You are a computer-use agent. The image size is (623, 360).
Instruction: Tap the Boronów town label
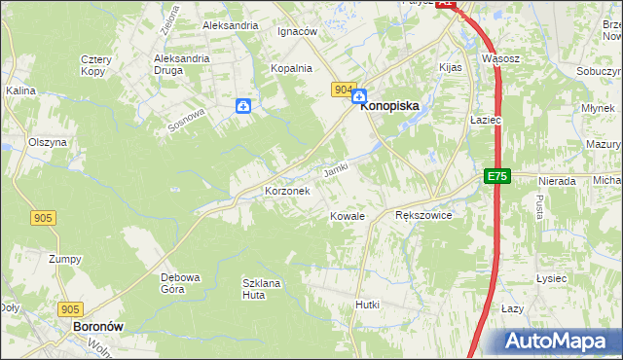[97, 328]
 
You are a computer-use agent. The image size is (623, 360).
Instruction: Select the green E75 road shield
[497, 176]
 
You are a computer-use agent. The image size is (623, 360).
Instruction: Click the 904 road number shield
[342, 90]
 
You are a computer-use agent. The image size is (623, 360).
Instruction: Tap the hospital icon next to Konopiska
[358, 96]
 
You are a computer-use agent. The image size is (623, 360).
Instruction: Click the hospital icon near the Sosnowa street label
[243, 106]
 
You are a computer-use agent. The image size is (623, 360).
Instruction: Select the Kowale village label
[347, 216]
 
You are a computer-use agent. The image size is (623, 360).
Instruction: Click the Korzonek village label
[287, 192]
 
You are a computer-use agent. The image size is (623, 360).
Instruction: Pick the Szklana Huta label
[261, 289]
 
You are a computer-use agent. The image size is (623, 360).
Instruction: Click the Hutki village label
[367, 305]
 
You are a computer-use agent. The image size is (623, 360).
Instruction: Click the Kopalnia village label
[291, 68]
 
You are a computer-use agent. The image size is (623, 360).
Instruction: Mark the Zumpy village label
[65, 259]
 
